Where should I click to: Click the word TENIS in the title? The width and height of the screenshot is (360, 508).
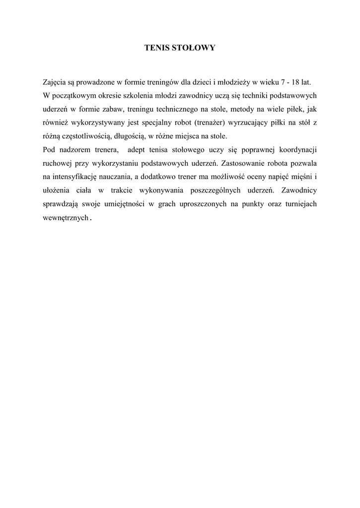pyautogui.click(x=154, y=48)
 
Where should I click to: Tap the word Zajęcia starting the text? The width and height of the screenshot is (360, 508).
pyautogui.click(x=55, y=82)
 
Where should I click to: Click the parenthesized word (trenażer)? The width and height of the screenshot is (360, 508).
pyautogui.click(x=208, y=123)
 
